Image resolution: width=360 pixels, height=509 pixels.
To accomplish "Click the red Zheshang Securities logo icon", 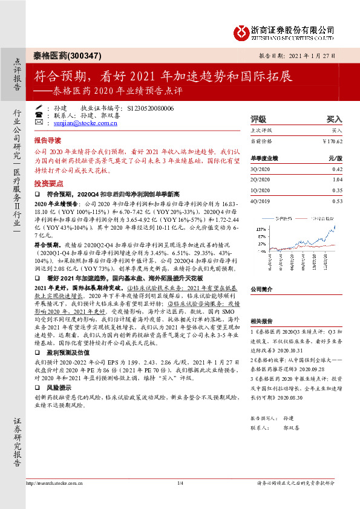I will [243, 30].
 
